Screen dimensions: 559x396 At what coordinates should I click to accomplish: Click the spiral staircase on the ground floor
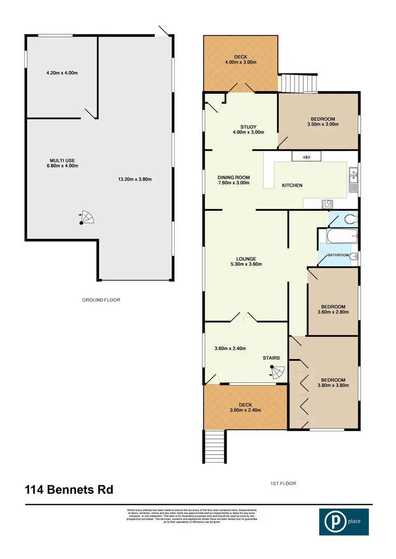pos(86,218)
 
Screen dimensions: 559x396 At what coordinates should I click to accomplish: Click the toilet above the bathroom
pos(349,218)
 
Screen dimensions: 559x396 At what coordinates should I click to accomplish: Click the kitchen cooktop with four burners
pos(327,204)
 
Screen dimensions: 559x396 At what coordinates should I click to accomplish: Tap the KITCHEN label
pos(292,185)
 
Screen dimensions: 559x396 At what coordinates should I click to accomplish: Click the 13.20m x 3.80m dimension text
pos(135,180)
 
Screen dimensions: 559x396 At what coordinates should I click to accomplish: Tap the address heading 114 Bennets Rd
pos(68,489)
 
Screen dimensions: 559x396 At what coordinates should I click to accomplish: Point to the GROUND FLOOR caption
pos(101,300)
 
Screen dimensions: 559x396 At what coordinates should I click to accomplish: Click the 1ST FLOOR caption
pos(282,483)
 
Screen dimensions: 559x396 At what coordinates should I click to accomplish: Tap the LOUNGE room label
pos(246,259)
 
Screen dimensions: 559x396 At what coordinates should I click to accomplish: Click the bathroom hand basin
pos(352,257)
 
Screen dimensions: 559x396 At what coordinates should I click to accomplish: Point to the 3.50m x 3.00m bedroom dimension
pos(322,124)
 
